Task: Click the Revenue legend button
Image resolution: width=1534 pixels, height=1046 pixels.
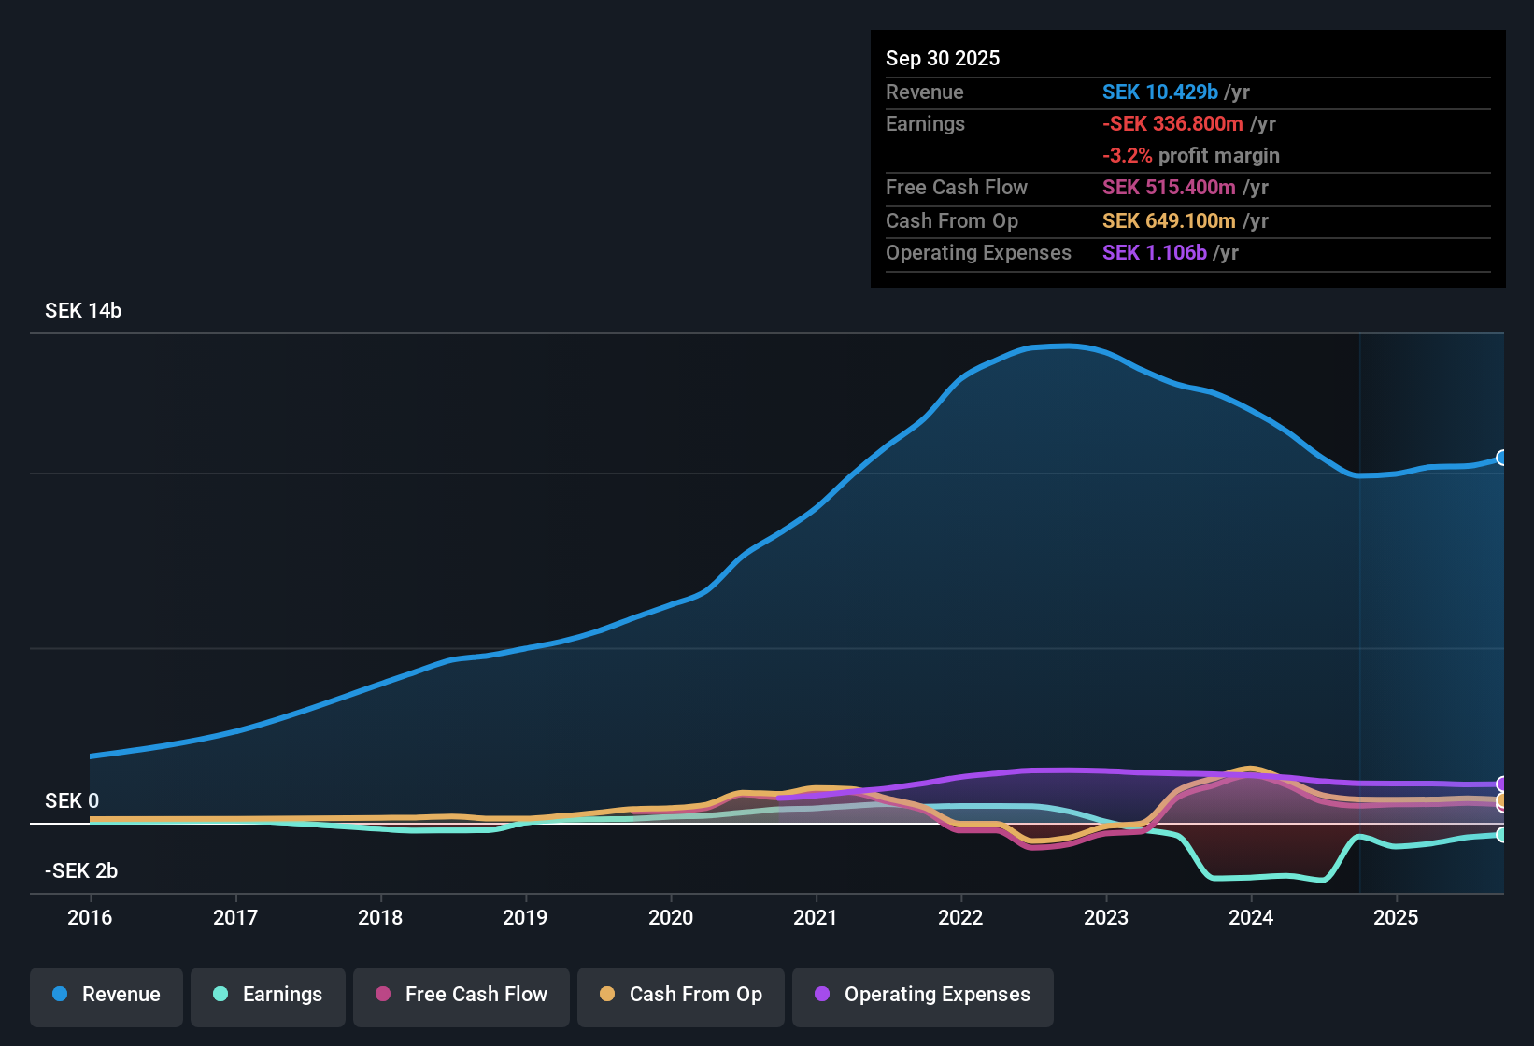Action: tap(107, 995)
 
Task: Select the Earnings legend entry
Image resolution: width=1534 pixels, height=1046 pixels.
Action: tap(268, 995)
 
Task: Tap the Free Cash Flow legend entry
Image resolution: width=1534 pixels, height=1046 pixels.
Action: tap(462, 995)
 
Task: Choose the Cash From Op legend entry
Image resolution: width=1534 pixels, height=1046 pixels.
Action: tap(681, 995)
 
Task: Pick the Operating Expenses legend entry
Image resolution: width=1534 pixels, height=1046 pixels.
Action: tap(923, 995)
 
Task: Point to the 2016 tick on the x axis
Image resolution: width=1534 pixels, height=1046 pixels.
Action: tap(90, 917)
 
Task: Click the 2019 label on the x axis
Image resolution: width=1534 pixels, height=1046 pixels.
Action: tap(525, 917)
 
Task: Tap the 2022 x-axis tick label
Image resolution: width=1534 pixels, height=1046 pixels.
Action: tap(960, 917)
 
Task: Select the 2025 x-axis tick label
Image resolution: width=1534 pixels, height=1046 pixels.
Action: tap(1396, 917)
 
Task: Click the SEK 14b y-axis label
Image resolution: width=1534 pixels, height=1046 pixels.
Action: tap(83, 311)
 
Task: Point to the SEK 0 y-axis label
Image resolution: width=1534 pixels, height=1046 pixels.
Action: tap(72, 801)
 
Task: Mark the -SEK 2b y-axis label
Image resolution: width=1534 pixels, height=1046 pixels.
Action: tap(81, 871)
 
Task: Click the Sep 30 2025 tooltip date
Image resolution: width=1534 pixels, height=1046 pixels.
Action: tap(943, 59)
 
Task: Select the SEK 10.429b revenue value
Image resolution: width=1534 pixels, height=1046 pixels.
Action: tap(1160, 92)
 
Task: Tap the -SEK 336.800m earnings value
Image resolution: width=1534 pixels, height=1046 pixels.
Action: tap(1172, 124)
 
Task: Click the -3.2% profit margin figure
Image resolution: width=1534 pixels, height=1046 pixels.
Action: tap(1128, 156)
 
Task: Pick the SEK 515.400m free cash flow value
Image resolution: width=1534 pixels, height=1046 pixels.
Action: tap(1169, 188)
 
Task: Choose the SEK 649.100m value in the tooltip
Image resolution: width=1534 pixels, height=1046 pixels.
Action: tap(1169, 221)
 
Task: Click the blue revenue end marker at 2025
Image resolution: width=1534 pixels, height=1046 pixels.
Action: tap(1502, 458)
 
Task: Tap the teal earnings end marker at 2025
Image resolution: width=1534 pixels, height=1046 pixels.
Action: tap(1502, 835)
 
